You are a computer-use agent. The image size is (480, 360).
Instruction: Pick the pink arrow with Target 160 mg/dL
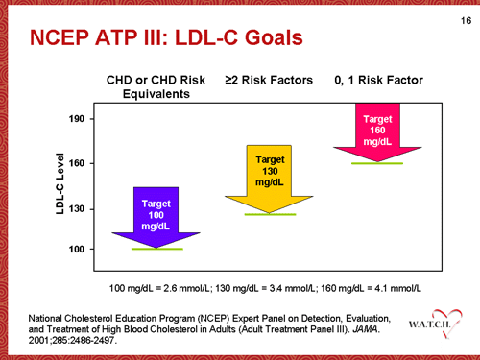376,131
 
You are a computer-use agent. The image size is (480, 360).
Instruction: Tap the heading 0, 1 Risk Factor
377,80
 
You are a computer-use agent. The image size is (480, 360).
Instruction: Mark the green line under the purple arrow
156,250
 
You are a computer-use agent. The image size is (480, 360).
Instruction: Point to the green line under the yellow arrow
269,214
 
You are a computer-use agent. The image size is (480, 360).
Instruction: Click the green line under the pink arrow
376,163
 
